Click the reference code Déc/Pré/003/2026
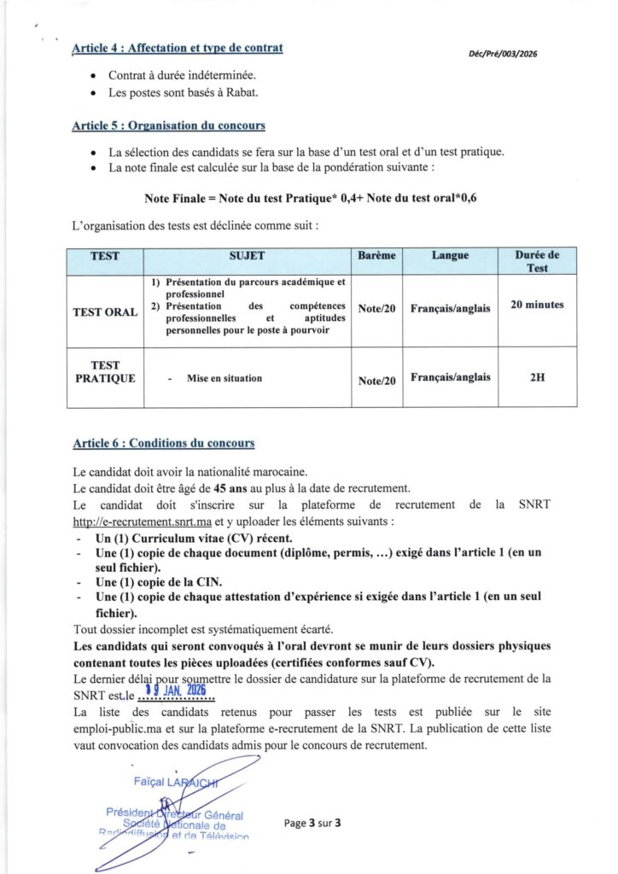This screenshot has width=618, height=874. point(503,55)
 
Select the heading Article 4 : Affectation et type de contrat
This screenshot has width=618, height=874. point(178,48)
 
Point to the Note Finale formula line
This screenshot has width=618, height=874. point(322,199)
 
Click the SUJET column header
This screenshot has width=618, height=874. point(247,255)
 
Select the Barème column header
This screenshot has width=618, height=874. point(376,255)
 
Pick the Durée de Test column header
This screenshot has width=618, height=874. point(537,261)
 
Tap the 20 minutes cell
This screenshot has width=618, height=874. point(537,304)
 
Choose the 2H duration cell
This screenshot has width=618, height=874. point(537,376)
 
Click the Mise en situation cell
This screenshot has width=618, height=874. point(224,378)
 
